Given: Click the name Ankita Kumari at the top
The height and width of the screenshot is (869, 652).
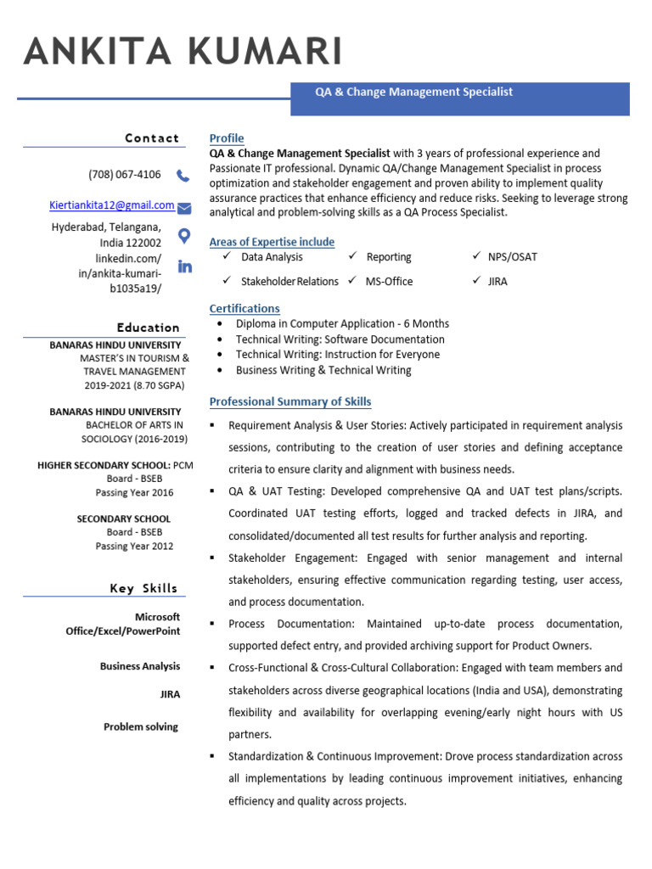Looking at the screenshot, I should click(183, 52).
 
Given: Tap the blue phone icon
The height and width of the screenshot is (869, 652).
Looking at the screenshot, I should click(183, 176).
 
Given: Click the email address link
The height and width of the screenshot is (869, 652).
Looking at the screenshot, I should click(111, 205).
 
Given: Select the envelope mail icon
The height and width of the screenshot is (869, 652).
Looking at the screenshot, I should click(183, 208).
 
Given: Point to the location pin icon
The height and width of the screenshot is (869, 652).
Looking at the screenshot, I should click(183, 235).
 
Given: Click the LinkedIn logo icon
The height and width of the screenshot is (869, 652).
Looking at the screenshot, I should click(184, 266).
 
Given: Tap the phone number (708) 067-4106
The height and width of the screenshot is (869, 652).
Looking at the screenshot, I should click(124, 175).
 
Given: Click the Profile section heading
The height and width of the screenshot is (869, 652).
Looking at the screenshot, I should click(227, 138).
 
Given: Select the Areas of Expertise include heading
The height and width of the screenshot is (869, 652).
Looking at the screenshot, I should click(272, 242).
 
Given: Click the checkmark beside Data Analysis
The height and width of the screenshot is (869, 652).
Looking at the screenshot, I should click(227, 256).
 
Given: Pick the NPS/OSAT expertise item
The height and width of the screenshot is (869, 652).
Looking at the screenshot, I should click(512, 257).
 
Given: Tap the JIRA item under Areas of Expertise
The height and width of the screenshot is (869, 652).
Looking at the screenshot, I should click(497, 281).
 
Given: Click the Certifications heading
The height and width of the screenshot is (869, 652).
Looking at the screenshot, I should click(244, 308).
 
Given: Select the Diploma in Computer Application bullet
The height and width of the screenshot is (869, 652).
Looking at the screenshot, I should click(342, 323).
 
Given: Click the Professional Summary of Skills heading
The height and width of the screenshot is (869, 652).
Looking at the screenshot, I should click(290, 401).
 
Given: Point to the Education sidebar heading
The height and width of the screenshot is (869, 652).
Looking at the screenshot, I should click(149, 328).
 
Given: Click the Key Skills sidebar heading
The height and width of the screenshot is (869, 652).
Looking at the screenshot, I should click(143, 588).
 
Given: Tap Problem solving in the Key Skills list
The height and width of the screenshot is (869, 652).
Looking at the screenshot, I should click(141, 726).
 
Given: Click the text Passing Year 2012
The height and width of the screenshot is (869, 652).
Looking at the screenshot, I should click(134, 546).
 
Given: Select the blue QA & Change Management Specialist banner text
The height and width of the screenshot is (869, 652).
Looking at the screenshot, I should click(413, 92).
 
